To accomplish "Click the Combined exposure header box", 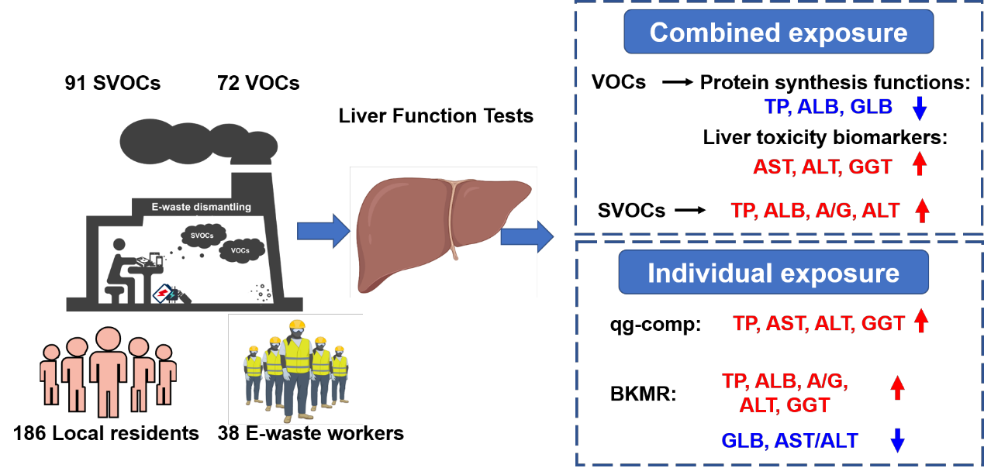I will [778, 33].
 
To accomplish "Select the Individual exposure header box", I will [773, 273].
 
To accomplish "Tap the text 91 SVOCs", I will [113, 82].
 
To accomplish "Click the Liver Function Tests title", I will [436, 116].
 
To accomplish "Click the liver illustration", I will [434, 225].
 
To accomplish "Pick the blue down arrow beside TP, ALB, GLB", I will [920, 107].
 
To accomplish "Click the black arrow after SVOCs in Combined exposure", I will [690, 210].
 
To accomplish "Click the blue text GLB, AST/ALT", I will [789, 441].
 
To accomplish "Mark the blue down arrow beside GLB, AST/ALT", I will [897, 439].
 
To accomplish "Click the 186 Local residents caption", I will [106, 433].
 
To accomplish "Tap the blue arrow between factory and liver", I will [319, 230].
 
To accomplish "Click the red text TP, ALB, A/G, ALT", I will [815, 210].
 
